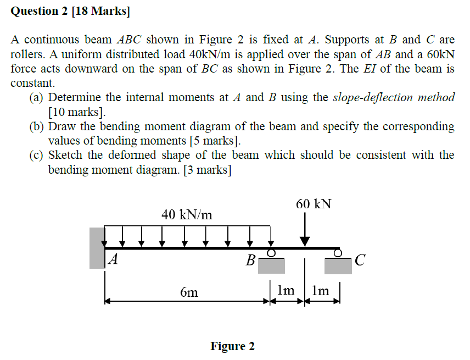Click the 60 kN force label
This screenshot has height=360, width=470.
[x=314, y=203]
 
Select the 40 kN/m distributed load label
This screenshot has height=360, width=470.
[x=187, y=214]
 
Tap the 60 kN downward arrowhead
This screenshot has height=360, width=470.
[x=305, y=241]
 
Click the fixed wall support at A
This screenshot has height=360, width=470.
[x=97, y=248]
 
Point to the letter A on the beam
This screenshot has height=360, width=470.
[x=113, y=259]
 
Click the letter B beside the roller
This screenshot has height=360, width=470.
[x=250, y=260]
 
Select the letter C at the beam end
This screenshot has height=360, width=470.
[x=359, y=260]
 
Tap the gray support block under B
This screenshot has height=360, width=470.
[x=272, y=265]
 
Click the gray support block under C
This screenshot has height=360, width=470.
[x=338, y=265]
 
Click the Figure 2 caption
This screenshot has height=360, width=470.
[x=232, y=346]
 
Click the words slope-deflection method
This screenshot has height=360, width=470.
[x=394, y=97]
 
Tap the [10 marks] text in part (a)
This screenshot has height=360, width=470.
[x=76, y=112]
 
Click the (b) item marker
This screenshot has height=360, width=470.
[x=37, y=126]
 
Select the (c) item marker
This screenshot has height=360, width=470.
[x=37, y=156]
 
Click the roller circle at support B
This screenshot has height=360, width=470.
[x=271, y=253]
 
